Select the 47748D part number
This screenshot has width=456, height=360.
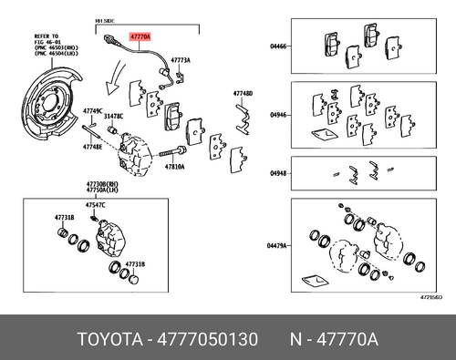click(x=242, y=93)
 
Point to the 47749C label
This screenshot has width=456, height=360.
click(x=94, y=111)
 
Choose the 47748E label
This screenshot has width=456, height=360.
click(x=93, y=147)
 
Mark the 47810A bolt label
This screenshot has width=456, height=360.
click(x=175, y=167)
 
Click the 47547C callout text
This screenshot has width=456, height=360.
click(x=96, y=206)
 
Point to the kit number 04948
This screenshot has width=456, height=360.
click(x=278, y=173)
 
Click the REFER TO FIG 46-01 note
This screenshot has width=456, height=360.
click(x=36, y=40)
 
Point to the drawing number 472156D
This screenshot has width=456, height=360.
click(x=431, y=297)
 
